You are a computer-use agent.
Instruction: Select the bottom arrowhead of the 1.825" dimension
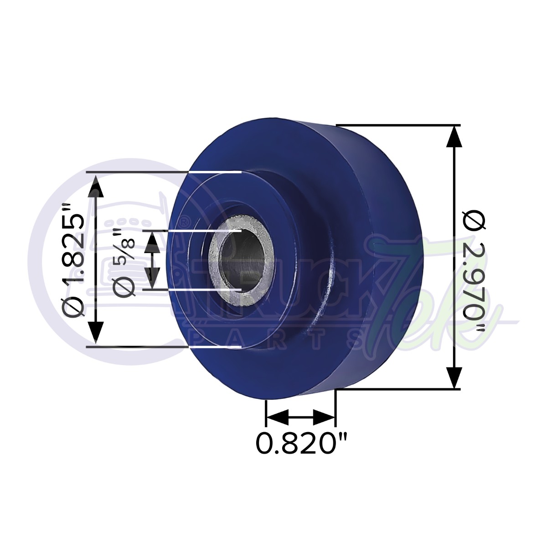(95, 333)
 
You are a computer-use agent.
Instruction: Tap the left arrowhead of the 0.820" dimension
(277, 416)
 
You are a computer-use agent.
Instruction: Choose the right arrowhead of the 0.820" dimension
(324, 416)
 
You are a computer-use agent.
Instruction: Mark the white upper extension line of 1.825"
(214, 172)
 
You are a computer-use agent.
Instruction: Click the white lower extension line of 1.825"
(214, 346)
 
